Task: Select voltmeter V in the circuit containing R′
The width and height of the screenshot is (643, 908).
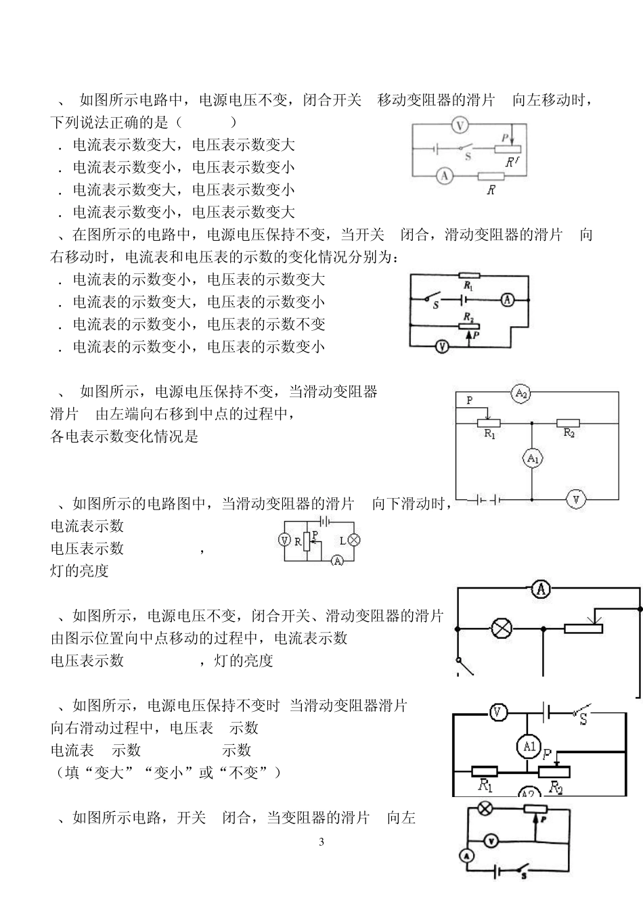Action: tap(460, 125)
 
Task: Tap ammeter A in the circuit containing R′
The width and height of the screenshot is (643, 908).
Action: tap(444, 176)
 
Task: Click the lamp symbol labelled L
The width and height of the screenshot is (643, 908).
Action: tap(353, 540)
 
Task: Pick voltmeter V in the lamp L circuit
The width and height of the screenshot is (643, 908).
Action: tap(285, 540)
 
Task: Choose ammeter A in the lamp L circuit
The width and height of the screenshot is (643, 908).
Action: tap(337, 560)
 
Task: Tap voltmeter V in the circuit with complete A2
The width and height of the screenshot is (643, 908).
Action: tap(576, 499)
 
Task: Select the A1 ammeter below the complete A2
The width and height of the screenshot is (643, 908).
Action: tap(533, 459)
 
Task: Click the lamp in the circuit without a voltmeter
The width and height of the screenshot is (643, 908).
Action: tap(501, 629)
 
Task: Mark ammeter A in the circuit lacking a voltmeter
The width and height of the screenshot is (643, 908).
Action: tap(541, 589)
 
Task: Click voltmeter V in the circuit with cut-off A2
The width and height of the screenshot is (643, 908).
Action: tap(497, 712)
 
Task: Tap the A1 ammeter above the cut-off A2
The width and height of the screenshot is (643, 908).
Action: tap(529, 747)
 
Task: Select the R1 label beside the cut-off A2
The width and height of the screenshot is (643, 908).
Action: tap(485, 786)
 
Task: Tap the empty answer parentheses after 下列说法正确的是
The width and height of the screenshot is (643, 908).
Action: tap(206, 122)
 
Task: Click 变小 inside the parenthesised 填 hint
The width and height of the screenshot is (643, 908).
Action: tap(170, 773)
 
